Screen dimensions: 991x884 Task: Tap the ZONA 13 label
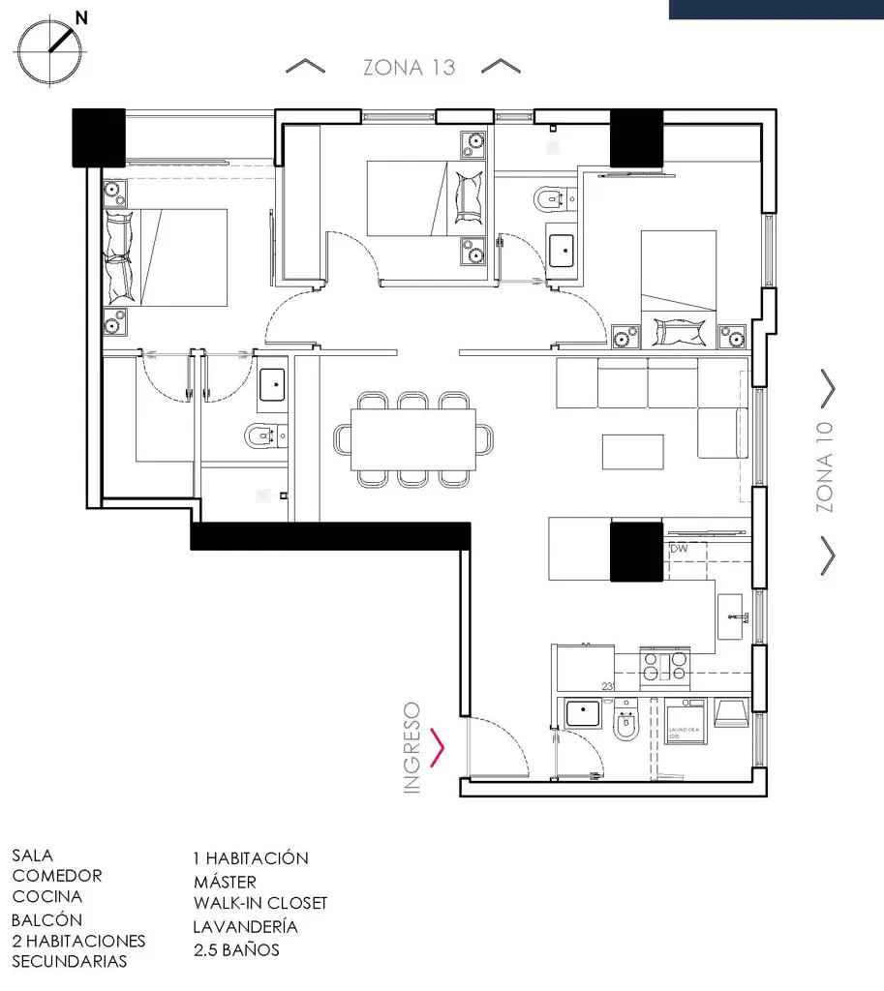click(x=409, y=68)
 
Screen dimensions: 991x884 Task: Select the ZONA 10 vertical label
click(x=825, y=466)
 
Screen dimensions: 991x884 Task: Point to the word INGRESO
click(x=412, y=748)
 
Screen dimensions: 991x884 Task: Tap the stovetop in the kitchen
click(x=665, y=666)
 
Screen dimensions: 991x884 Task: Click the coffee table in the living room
click(x=632, y=452)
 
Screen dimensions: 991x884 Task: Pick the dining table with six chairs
click(x=413, y=439)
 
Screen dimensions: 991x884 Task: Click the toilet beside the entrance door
click(x=626, y=723)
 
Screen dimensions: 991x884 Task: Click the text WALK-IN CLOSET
click(x=260, y=903)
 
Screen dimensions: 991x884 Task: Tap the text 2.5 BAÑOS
click(x=236, y=949)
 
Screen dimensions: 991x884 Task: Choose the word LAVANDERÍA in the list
click(x=245, y=926)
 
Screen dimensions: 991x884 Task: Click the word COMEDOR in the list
click(x=57, y=876)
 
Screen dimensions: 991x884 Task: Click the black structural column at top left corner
click(x=100, y=136)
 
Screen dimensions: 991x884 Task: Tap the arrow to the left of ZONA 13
click(x=306, y=67)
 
